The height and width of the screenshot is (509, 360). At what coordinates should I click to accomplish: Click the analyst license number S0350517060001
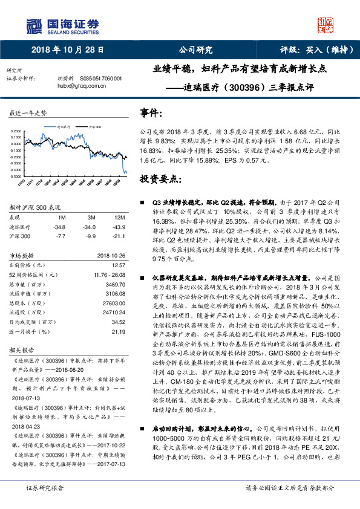click(x=101, y=79)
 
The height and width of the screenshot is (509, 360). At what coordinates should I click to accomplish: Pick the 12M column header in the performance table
click(x=120, y=217)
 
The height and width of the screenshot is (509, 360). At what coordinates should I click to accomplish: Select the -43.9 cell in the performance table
click(x=119, y=227)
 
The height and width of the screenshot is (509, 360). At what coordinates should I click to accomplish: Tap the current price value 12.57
click(x=118, y=265)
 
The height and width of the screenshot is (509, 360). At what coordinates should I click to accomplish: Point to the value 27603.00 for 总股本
click(x=113, y=303)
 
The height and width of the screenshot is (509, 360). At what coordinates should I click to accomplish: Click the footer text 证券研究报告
click(x=44, y=504)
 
